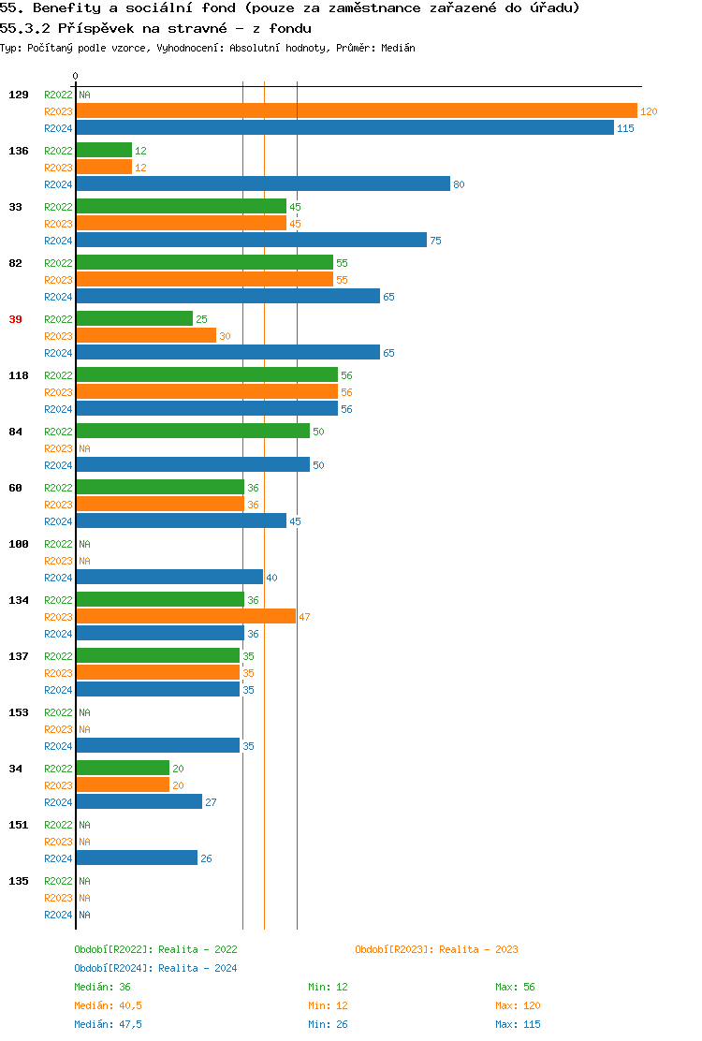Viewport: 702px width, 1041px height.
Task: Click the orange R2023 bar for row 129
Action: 356,110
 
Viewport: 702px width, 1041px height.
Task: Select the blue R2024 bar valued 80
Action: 262,183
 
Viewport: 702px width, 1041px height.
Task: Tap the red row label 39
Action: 15,319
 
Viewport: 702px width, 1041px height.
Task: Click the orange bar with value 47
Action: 185,616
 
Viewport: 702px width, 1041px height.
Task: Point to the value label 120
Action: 649,111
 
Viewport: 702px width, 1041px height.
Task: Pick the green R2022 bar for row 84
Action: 192,431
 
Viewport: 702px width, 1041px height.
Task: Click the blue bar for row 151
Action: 137,858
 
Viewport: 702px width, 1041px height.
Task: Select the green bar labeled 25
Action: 134,318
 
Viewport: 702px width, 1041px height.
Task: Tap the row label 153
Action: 18,712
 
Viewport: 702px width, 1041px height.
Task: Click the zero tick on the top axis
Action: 76,76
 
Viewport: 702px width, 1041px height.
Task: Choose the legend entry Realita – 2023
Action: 436,949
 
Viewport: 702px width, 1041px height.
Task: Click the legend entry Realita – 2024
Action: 155,968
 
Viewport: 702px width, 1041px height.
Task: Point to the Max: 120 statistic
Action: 518,1005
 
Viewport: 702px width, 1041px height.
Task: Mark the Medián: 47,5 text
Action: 108,1024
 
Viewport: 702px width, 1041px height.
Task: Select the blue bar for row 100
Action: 169,577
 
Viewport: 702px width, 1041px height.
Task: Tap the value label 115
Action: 625,128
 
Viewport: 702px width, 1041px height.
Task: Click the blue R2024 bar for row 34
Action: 139,801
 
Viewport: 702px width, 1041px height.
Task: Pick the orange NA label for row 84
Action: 84,448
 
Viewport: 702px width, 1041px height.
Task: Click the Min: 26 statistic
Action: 328,1024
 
